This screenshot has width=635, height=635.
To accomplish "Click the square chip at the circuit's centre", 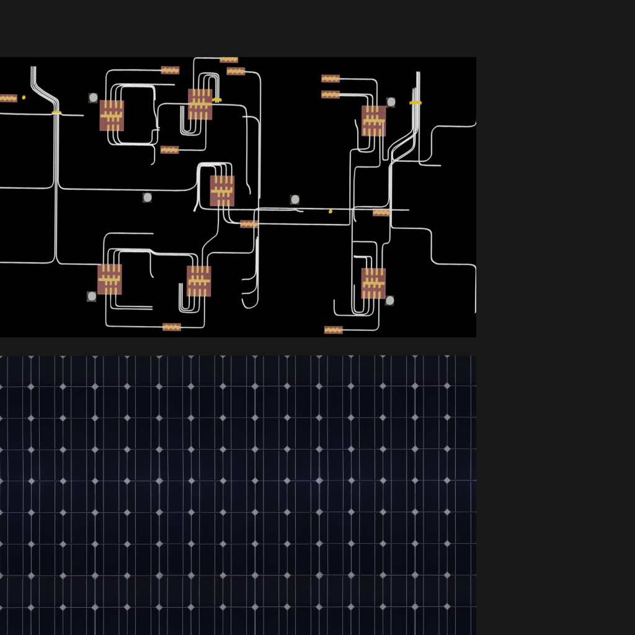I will click(222, 190).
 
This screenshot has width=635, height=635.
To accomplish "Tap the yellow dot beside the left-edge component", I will click(24, 97).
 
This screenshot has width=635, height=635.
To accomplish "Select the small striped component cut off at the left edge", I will click(7, 98).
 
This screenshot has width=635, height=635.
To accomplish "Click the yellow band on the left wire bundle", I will click(56, 112).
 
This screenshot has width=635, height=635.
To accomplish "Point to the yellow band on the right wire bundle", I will click(415, 102).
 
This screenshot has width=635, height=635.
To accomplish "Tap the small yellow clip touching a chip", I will click(216, 99).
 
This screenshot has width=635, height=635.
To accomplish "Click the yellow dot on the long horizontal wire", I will click(331, 211).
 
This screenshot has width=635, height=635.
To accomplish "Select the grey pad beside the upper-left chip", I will click(93, 97).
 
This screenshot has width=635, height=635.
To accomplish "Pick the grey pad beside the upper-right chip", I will click(391, 102).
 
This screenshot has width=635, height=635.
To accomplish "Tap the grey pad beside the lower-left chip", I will click(92, 296).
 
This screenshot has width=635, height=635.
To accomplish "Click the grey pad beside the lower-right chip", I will click(389, 301).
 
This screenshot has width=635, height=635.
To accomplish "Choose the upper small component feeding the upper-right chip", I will click(331, 79).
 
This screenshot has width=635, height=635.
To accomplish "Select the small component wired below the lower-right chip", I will click(334, 330).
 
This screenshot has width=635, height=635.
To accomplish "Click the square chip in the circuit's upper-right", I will click(373, 121).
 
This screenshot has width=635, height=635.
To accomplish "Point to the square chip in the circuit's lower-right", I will click(373, 283).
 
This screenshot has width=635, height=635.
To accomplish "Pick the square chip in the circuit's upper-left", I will click(112, 115).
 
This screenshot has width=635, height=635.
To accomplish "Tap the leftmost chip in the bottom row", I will click(110, 279).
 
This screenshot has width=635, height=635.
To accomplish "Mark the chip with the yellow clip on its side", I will click(200, 104).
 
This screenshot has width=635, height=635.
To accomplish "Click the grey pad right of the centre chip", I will click(295, 199).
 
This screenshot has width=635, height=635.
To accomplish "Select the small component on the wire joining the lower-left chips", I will click(172, 327).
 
